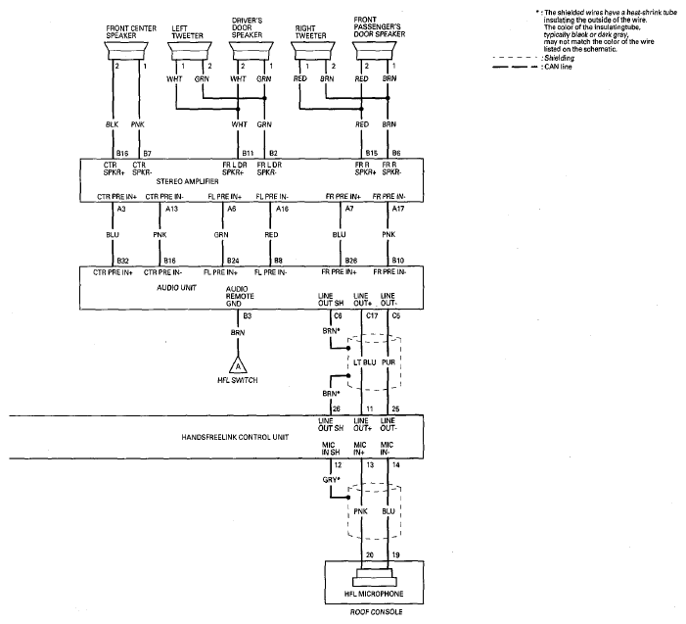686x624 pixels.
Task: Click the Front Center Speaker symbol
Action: pyautogui.click(x=126, y=51)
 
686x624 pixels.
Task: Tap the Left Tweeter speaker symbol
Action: pyautogui.click(x=190, y=51)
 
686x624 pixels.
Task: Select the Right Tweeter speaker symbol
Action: pyautogui.click(x=313, y=51)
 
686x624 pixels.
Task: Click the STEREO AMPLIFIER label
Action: pyautogui.click(x=187, y=181)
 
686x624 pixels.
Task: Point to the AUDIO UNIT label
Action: pyautogui.click(x=177, y=288)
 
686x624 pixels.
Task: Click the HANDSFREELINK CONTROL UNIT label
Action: pyautogui.click(x=235, y=437)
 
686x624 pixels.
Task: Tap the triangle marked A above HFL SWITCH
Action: pyautogui.click(x=238, y=366)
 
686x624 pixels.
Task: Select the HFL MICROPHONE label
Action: pyautogui.click(x=374, y=594)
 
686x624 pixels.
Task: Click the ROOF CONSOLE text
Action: pyautogui.click(x=376, y=611)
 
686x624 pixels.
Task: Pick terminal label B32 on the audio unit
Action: pyautogui.click(x=123, y=261)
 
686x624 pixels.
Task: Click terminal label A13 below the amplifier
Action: pyautogui.click(x=171, y=209)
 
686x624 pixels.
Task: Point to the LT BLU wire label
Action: pyautogui.click(x=364, y=362)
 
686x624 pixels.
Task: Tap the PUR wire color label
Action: pyautogui.click(x=389, y=362)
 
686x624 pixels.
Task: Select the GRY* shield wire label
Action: pyautogui.click(x=331, y=480)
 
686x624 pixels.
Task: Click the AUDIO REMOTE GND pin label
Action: pyautogui.click(x=240, y=296)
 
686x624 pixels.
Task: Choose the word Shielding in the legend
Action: pyautogui.click(x=560, y=58)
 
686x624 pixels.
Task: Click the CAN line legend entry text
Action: pyautogui.click(x=558, y=67)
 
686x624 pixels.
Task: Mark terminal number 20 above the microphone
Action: pyautogui.click(x=370, y=554)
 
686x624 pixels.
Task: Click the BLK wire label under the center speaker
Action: pyautogui.click(x=112, y=124)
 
